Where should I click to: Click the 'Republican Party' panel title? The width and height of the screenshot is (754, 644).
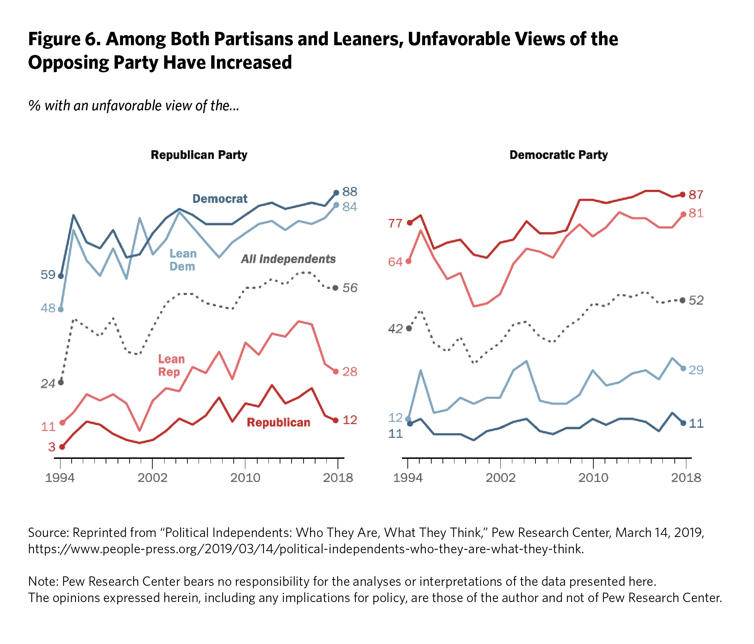[199, 155]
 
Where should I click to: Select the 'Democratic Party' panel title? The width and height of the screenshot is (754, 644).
[558, 155]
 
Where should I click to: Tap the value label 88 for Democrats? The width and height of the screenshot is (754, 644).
[350, 192]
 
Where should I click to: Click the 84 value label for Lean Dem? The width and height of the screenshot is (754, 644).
[350, 207]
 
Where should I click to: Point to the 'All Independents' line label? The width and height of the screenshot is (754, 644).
[288, 259]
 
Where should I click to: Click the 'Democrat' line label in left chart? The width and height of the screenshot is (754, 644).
[220, 199]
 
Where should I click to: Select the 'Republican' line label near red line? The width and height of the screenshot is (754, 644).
[278, 422]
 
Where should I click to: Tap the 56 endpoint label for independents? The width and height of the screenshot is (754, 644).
[350, 288]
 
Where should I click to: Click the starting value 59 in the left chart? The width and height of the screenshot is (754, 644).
[48, 274]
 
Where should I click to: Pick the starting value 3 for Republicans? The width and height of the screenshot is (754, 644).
[52, 447]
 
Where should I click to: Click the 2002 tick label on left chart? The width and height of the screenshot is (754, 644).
[152, 477]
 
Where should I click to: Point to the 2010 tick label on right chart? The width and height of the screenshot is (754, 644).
[593, 477]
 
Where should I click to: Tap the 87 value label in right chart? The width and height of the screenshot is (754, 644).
[696, 195]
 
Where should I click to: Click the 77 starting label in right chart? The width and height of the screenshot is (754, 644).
[395, 223]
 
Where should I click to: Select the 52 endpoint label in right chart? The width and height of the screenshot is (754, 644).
[696, 300]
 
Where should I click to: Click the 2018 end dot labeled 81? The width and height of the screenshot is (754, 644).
[683, 214]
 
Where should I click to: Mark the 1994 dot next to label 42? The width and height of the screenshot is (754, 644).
[409, 328]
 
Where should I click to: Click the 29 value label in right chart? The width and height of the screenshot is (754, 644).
[696, 370]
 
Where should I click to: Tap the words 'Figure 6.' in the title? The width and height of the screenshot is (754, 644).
[64, 39]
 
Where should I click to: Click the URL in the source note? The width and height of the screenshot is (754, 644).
[306, 549]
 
